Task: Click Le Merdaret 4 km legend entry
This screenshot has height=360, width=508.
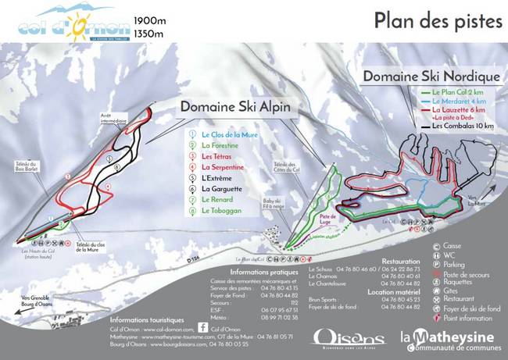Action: click(x=453, y=102)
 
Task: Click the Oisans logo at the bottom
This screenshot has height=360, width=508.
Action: click(x=337, y=336)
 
